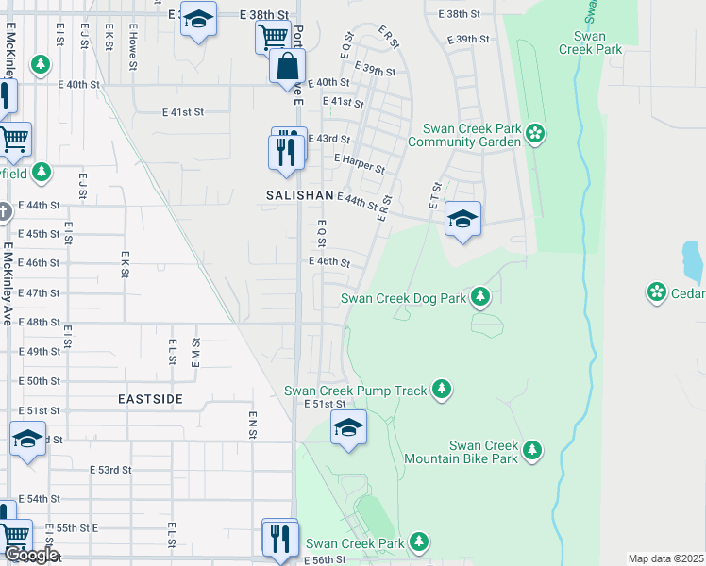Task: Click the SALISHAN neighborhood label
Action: [299, 194]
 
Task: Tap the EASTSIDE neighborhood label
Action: [151, 399]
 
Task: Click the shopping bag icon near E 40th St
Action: [287, 68]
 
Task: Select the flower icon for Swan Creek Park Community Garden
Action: [536, 133]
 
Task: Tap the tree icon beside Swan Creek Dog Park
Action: [480, 298]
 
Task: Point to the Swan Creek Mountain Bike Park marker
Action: [532, 451]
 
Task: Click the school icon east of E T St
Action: [462, 220]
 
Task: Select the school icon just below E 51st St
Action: [348, 428]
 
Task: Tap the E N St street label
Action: [253, 424]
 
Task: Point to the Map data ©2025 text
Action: [666, 558]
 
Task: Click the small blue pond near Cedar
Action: [692, 261]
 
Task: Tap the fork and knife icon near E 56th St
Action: [279, 538]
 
